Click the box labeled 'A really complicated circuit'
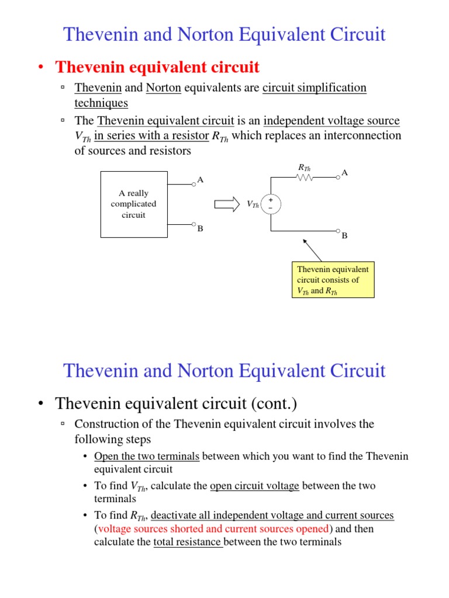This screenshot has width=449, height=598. [x=134, y=204]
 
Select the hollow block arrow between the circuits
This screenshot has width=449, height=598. [x=227, y=204]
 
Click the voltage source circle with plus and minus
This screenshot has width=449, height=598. [x=271, y=204]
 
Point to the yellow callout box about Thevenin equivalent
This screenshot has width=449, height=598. [x=333, y=280]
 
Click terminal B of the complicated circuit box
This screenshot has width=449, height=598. [x=194, y=224]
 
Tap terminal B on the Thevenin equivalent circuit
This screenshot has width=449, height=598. [x=338, y=231]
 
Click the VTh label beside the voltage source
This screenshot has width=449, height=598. [x=253, y=204]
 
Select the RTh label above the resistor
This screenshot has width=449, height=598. [x=304, y=168]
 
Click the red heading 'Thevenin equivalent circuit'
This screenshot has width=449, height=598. [x=157, y=68]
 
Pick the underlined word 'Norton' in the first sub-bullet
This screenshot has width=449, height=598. [x=163, y=88]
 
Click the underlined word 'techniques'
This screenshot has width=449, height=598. [x=101, y=103]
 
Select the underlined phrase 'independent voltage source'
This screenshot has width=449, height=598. [x=331, y=121]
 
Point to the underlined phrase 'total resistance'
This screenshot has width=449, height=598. [x=188, y=542]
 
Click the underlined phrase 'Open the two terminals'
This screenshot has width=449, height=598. [x=147, y=456]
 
